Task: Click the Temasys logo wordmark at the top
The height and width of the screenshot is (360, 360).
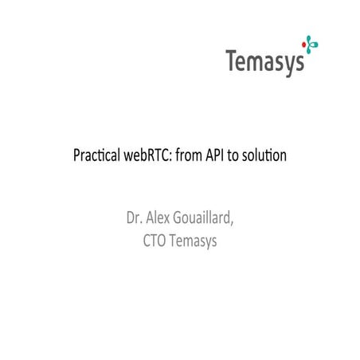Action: pos(265,61)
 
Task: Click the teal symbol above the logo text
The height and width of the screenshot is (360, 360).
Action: pos(303,41)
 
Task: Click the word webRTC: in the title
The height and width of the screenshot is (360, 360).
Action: pos(149,153)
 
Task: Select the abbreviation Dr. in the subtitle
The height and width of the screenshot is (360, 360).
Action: pos(132,217)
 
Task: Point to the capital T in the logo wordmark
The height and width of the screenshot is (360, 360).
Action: pos(232,60)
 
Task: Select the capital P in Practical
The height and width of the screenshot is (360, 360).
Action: pos(76,153)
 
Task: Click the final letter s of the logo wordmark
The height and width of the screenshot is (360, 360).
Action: pos(299,62)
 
